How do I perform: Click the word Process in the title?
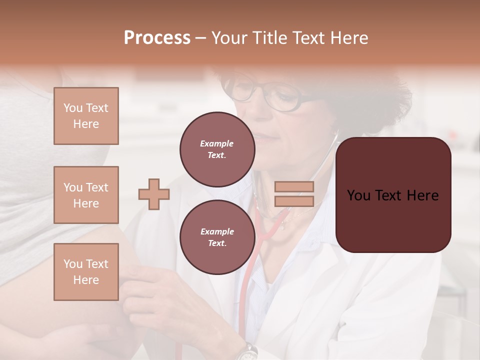[157, 37]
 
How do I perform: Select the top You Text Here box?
[86, 116]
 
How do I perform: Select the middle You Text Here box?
[86, 195]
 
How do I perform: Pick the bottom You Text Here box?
[86, 272]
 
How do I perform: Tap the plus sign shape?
[154, 194]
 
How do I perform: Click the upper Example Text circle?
[217, 149]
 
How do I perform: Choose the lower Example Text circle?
[217, 237]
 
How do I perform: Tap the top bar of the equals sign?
[294, 187]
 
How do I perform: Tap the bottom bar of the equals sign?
[294, 201]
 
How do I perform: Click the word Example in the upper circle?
[216, 143]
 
